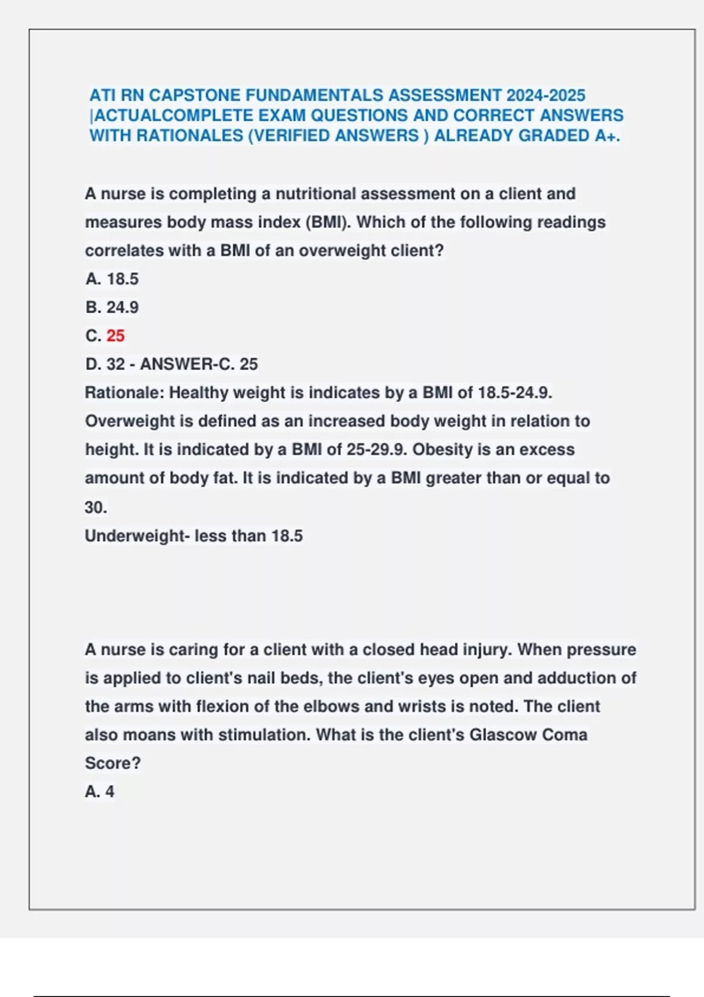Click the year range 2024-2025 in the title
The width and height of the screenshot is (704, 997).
pyautogui.click(x=546, y=95)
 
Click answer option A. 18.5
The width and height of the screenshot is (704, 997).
pyautogui.click(x=112, y=279)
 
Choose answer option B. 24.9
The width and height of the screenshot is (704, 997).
pyautogui.click(x=112, y=307)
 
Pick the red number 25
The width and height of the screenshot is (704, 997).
pyautogui.click(x=116, y=336)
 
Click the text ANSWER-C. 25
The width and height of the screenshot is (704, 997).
pyautogui.click(x=199, y=364)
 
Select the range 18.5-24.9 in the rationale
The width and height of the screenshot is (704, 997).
pyautogui.click(x=515, y=393)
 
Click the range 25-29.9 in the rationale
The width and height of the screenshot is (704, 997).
pyautogui.click(x=376, y=450)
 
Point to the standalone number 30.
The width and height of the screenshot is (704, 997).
pyautogui.click(x=96, y=507)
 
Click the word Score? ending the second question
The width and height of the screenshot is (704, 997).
pyautogui.click(x=113, y=764)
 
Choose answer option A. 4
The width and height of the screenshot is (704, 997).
pyautogui.click(x=100, y=792)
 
